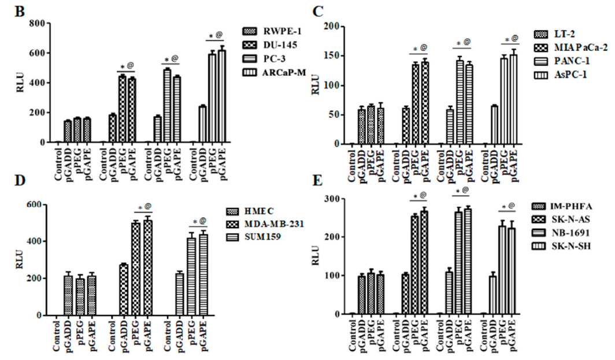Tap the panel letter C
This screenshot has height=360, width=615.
(x=317, y=12)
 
